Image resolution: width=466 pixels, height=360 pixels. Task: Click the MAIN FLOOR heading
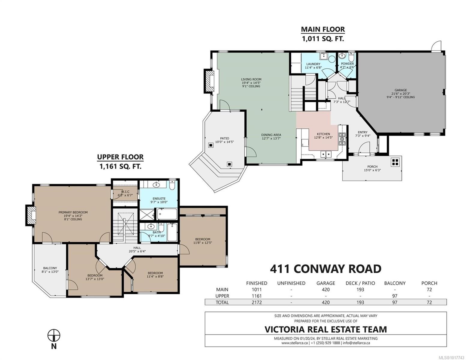click(323, 29)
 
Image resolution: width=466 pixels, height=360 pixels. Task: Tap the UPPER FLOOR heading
click(120, 157)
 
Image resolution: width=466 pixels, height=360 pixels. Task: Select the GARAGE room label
click(401, 90)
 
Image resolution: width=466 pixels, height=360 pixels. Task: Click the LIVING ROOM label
click(251, 79)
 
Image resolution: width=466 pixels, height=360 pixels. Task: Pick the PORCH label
click(372, 167)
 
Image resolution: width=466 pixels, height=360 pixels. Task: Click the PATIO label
click(224, 138)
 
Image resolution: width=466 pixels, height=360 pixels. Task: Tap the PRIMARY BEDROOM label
click(73, 212)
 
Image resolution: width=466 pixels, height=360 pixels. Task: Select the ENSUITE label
click(159, 199)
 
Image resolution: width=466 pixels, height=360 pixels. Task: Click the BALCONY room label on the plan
click(50, 268)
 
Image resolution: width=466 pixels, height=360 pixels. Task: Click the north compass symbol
click(54, 335)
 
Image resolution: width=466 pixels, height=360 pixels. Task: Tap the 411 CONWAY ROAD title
click(325, 268)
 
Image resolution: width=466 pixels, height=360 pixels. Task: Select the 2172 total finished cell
click(256, 302)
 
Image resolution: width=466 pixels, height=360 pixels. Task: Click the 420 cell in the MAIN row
click(325, 289)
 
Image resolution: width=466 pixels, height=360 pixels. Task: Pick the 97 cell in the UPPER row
click(395, 296)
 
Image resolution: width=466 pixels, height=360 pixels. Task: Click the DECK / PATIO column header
click(360, 283)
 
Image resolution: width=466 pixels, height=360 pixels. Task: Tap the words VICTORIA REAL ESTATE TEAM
click(325, 329)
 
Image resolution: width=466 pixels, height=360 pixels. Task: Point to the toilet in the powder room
click(352, 57)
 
